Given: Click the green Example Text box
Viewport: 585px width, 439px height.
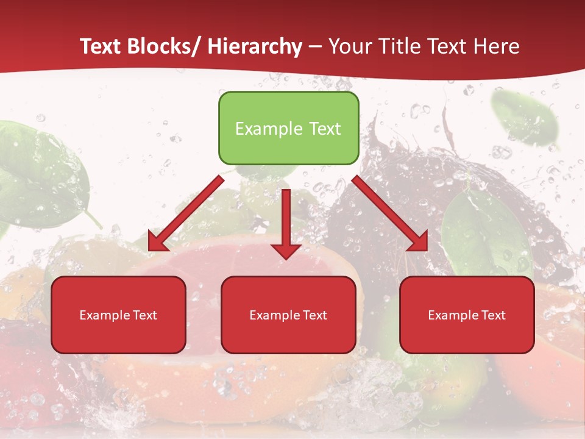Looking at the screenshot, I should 288,128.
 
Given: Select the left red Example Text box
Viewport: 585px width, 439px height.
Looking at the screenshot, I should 118,315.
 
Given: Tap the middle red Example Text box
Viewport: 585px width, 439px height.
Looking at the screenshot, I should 288,315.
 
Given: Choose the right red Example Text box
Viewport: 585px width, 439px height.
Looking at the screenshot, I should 467,315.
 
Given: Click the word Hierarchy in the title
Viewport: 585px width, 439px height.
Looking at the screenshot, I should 254,46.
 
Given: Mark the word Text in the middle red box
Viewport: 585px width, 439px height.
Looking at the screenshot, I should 314,315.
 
